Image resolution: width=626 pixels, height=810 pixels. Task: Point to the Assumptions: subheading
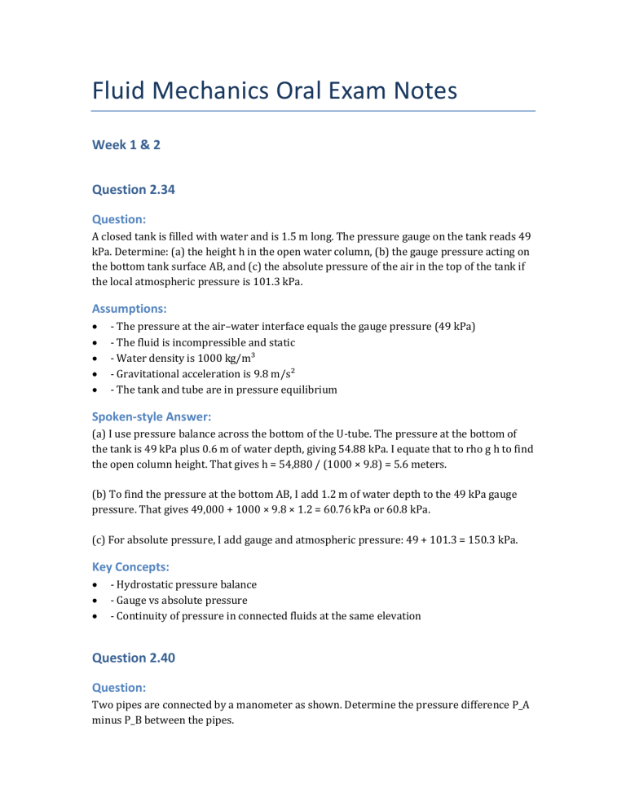tap(129, 309)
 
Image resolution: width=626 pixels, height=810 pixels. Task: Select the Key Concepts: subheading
tap(131, 563)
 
